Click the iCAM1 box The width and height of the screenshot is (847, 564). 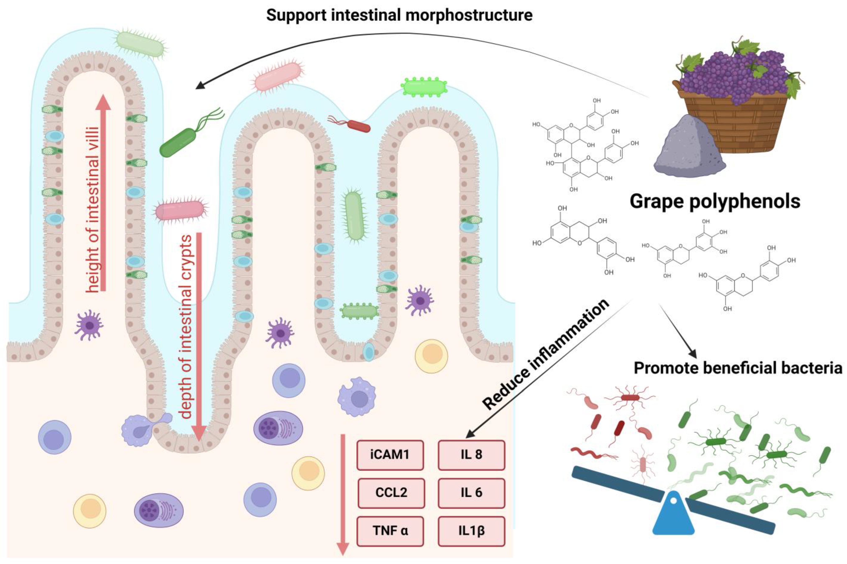tap(390, 455)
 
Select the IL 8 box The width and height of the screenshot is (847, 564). tap(471, 455)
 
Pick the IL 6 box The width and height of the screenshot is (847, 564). tap(471, 492)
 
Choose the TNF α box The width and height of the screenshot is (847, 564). tap(390, 531)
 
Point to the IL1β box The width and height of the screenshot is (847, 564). tap(471, 531)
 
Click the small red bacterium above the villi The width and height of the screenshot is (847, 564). tap(358, 126)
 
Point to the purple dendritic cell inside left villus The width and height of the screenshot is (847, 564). tap(89, 325)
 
